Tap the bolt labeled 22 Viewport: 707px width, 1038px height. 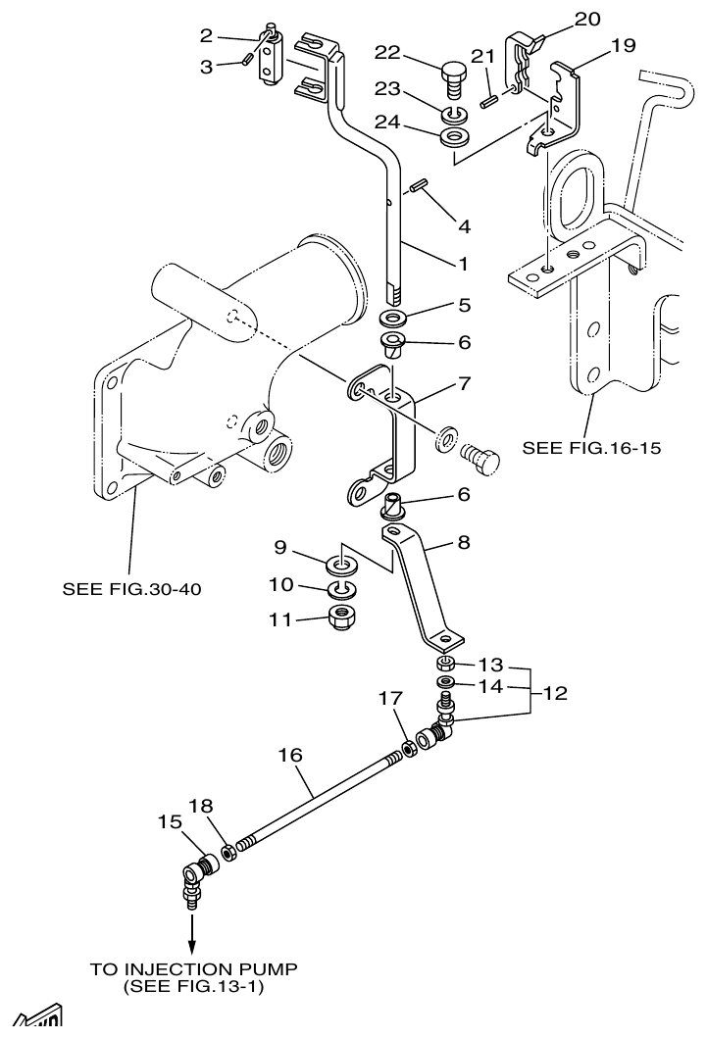(452, 74)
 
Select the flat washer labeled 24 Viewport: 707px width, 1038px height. (454, 135)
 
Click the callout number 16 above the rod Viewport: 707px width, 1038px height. (290, 755)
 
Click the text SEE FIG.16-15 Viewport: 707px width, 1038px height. (592, 448)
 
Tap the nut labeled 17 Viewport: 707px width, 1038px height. (408, 750)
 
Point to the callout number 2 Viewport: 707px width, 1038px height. (206, 36)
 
